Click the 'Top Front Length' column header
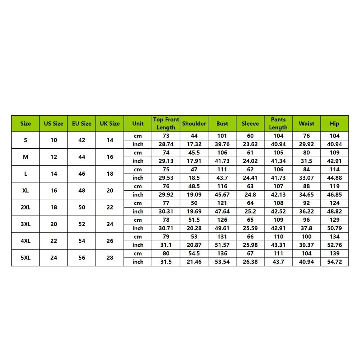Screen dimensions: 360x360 tap(166, 123)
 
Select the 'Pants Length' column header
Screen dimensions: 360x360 tap(278, 123)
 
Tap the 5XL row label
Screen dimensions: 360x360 tap(26, 258)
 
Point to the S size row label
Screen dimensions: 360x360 tap(26, 140)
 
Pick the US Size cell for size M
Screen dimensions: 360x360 tap(54, 157)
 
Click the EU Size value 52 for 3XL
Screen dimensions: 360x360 tap(82, 224)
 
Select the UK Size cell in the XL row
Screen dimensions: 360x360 tap(110, 190)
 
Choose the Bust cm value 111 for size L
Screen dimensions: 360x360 tap(222, 170)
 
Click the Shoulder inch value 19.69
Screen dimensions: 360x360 tap(194, 211)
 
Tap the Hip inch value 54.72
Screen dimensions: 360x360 tap(334, 262)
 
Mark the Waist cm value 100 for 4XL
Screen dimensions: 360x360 tap(306, 237)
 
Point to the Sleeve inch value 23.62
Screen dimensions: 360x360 tap(250, 144)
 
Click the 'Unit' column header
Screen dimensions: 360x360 tap(138, 123)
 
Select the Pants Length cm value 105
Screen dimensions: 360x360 tap(278, 153)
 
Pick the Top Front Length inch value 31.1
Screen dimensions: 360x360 tap(166, 245)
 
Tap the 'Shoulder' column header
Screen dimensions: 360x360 tap(194, 123)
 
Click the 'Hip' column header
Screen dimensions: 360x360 tap(334, 123)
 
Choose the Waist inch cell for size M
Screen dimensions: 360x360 tap(306, 161)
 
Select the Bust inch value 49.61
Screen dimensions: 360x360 tap(222, 228)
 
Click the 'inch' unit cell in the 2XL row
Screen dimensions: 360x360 tap(138, 211)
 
